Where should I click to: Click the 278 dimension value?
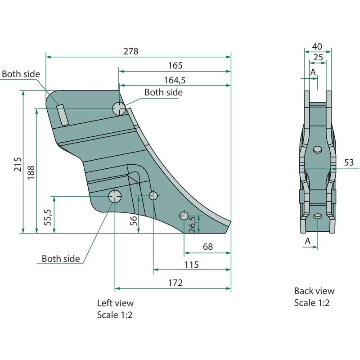(x=131, y=51)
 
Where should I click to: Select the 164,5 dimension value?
(x=175, y=80)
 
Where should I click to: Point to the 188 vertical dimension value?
(x=31, y=172)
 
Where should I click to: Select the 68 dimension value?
(x=207, y=247)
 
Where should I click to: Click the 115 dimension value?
(x=191, y=265)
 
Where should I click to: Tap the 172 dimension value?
(x=175, y=283)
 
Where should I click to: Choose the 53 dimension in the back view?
(x=349, y=162)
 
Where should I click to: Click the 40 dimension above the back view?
(x=317, y=46)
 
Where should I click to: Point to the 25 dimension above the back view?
(x=318, y=57)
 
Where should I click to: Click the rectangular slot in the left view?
(x=62, y=115)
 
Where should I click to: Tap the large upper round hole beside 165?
(x=119, y=108)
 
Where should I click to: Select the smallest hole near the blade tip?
(x=184, y=215)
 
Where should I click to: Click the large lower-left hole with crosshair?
(x=115, y=196)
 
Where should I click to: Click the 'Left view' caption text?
(x=115, y=303)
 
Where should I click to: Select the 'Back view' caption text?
(x=314, y=291)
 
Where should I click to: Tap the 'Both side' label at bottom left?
(x=61, y=258)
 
